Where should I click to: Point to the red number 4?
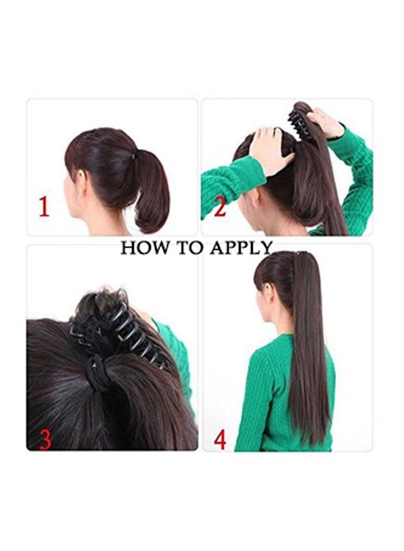(220, 439)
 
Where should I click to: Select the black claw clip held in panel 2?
(300, 119)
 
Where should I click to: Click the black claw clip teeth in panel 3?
(122, 331)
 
